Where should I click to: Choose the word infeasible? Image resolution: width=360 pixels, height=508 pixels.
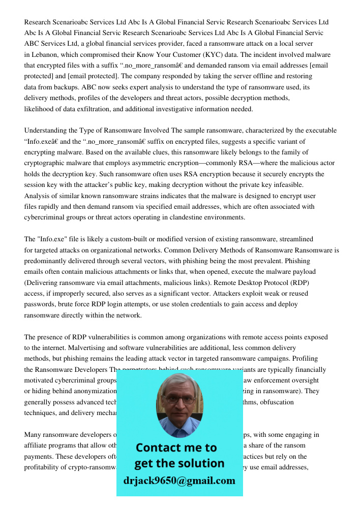tap(288, 185)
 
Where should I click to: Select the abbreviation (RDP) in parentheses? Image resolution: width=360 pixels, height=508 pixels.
tap(296, 282)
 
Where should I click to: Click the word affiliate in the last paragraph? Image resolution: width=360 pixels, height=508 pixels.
tap(37, 446)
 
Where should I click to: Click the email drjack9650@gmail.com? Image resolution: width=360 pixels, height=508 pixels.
tap(179, 481)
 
